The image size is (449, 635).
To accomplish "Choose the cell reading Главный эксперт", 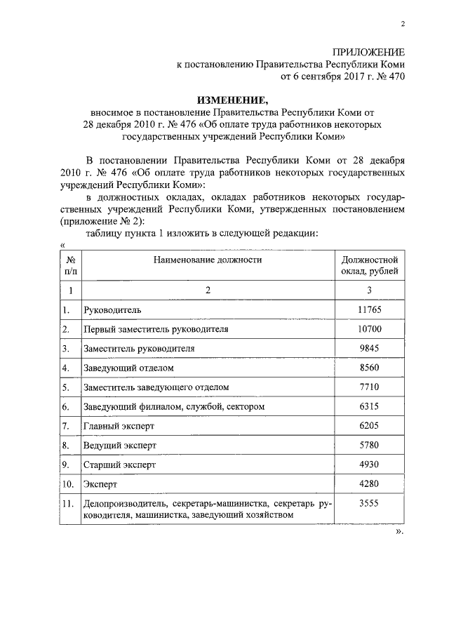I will (118, 426).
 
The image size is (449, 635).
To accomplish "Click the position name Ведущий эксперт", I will (119, 446).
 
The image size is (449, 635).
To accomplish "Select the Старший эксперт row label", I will (119, 465).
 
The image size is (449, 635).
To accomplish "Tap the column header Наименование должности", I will (208, 260).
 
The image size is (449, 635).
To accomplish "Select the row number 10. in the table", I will (69, 485).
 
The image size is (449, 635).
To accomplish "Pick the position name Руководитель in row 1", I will (113, 309).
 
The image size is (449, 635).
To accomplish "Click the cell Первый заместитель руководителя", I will (155, 329).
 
